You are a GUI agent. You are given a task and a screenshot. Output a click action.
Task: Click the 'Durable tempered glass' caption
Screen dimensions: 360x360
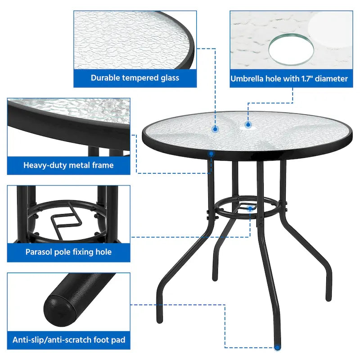tap(135, 78)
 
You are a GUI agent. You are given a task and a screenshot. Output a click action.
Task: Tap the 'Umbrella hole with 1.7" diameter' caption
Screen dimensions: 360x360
tap(289, 79)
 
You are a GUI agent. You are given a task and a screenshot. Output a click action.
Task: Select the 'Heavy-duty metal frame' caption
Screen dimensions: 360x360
tap(68, 165)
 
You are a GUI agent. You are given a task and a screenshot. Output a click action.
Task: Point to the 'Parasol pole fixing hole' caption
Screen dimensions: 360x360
tap(68, 252)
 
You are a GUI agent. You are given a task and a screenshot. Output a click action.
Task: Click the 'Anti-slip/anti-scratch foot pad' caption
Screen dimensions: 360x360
tap(68, 340)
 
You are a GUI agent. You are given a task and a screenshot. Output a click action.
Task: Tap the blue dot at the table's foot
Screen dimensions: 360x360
tap(277, 347)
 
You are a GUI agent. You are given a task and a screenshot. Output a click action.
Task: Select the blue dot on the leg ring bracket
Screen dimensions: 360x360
tap(250, 208)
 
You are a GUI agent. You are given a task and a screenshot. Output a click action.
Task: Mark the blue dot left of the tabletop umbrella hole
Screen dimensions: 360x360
tap(216, 129)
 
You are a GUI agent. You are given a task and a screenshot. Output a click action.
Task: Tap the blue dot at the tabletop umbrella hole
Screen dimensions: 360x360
tap(247, 124)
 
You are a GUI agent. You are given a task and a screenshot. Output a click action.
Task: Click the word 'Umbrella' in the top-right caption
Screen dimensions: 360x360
tap(247, 79)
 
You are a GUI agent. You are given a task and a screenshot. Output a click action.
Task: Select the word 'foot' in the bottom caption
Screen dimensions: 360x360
tap(99, 340)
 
